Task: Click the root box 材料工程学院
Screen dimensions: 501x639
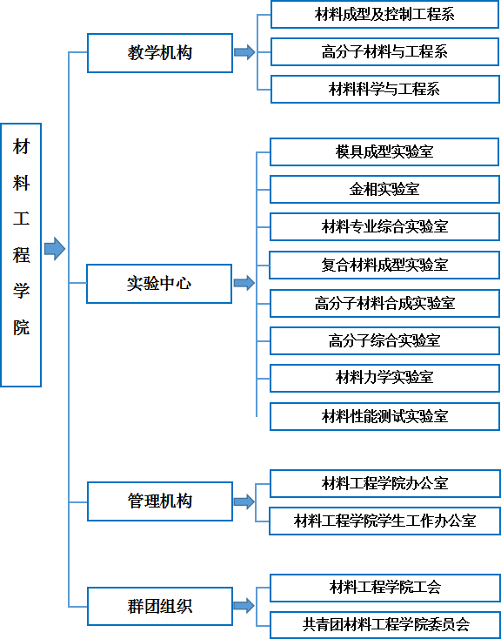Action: (21, 255)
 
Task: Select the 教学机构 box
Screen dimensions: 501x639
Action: (160, 53)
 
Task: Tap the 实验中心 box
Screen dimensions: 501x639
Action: (159, 284)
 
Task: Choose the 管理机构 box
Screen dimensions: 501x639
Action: (160, 501)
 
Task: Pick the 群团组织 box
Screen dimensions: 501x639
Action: (160, 607)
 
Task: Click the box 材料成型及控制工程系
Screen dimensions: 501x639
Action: (385, 15)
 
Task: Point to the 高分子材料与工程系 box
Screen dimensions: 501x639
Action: (385, 51)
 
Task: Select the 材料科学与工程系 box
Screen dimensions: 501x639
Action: (385, 89)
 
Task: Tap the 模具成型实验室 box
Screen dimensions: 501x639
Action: (384, 152)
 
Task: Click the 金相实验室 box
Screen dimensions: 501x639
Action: (384, 189)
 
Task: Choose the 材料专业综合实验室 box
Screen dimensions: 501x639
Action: (384, 226)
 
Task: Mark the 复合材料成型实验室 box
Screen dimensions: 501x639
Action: (384, 266)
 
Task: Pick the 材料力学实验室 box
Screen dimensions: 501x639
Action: (384, 378)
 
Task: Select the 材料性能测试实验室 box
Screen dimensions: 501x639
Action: (384, 416)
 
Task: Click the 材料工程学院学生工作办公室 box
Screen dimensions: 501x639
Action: (384, 521)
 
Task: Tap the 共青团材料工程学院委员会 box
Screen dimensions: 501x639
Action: (385, 625)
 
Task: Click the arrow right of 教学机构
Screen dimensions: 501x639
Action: (244, 52)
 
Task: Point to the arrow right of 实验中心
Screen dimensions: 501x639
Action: (244, 283)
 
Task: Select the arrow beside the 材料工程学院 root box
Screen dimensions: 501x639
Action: (55, 249)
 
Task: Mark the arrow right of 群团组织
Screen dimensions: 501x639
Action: (244, 606)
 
